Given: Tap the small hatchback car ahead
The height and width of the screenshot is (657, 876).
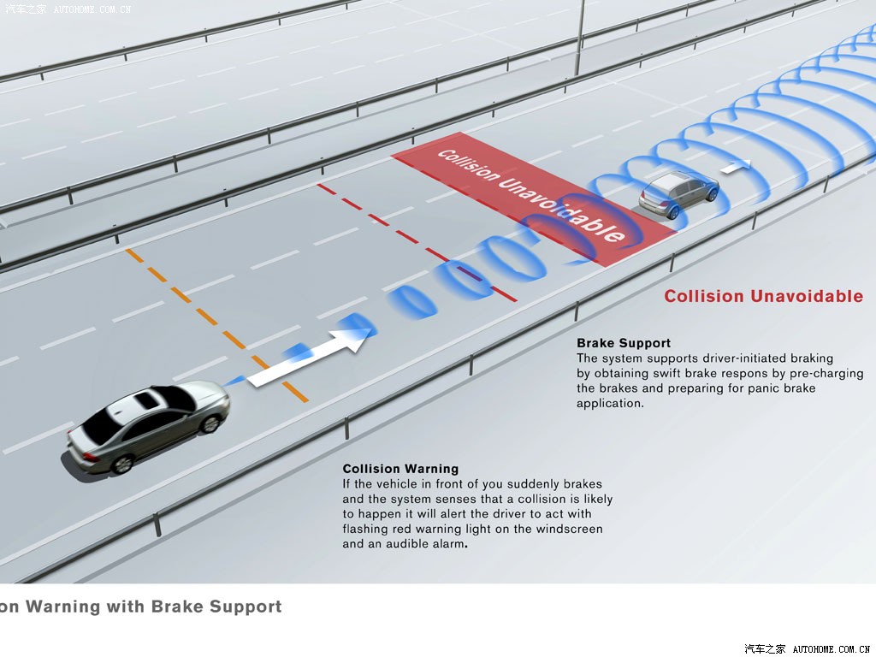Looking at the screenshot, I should click(678, 194).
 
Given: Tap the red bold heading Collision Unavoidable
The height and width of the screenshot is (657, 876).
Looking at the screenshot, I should click(763, 296).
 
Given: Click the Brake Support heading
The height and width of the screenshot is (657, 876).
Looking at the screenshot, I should click(624, 343).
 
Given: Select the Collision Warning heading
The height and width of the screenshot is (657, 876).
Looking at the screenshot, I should click(400, 469).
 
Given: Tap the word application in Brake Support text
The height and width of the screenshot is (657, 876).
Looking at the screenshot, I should click(609, 403).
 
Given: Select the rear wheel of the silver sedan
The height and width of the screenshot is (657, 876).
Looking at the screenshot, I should click(121, 464).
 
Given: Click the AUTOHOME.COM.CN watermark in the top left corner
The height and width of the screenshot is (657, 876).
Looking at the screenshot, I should click(92, 9).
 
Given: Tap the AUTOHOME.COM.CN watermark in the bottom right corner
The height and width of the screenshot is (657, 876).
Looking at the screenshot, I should click(831, 649).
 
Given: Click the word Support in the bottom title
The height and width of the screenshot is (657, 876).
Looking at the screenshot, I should click(247, 607).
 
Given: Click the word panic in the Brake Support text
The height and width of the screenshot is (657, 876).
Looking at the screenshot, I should click(745, 388).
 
